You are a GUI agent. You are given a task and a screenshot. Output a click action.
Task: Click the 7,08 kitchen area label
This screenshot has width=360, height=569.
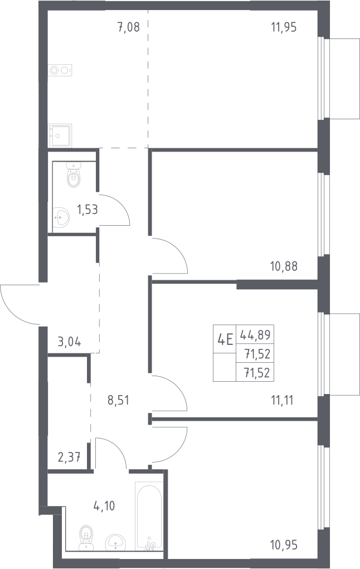pyautogui.click(x=129, y=27)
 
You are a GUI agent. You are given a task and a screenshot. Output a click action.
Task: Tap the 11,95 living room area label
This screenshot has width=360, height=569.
pyautogui.click(x=284, y=27)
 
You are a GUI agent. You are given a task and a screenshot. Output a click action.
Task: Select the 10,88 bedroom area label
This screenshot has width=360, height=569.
pyautogui.click(x=284, y=266)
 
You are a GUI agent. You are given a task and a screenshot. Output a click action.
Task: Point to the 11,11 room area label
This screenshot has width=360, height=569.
pyautogui.click(x=282, y=400)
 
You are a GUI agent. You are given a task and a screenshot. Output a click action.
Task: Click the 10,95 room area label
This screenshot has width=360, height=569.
pyautogui.click(x=284, y=544)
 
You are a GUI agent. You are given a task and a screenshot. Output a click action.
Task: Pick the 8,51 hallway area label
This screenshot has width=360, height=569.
pyautogui.click(x=118, y=400)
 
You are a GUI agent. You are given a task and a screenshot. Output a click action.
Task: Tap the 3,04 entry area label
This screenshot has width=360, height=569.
pyautogui.click(x=69, y=342)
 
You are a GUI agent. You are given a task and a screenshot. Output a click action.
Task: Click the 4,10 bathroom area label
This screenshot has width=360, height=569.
pyautogui.click(x=104, y=505)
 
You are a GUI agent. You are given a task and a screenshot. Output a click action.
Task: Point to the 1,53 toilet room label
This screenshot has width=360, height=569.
pyautogui.click(x=87, y=210)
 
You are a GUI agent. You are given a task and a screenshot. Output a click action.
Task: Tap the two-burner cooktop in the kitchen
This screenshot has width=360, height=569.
pyautogui.click(x=60, y=70)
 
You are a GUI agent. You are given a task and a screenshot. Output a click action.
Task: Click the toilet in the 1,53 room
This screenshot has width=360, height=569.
pyautogui.click(x=74, y=175)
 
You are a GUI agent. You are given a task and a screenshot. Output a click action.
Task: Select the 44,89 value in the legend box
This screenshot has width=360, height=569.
pyautogui.click(x=255, y=334)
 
